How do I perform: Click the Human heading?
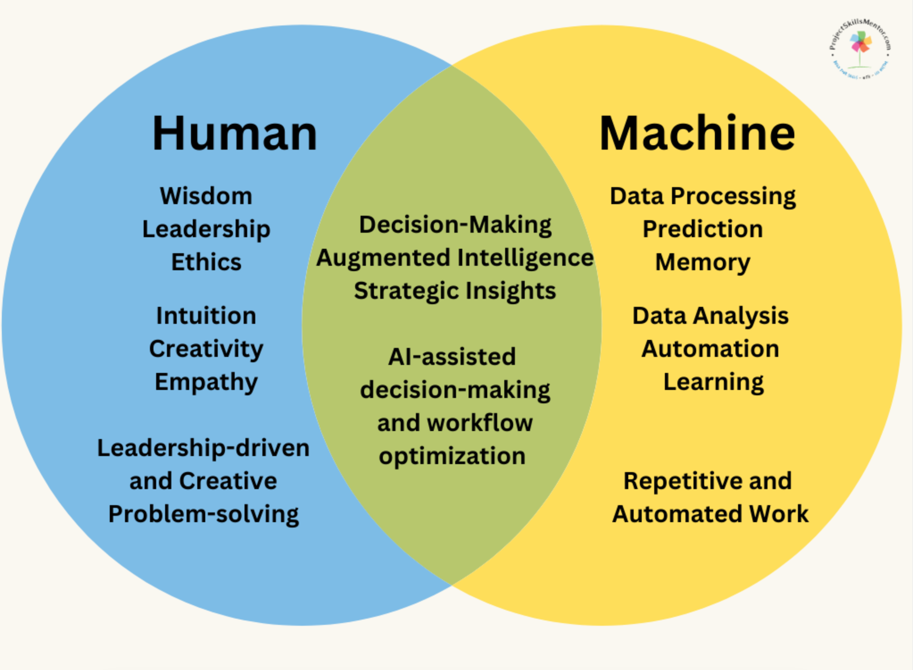(x=234, y=134)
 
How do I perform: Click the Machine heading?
(x=697, y=134)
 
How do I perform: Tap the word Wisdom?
(x=206, y=196)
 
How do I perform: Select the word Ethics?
(x=206, y=262)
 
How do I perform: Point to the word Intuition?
(x=206, y=316)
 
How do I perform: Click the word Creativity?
(x=206, y=349)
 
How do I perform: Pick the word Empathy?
(x=206, y=382)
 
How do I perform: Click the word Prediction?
(x=702, y=229)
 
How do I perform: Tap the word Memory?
(x=702, y=262)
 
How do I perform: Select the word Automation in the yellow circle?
(x=710, y=349)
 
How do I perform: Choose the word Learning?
(x=713, y=382)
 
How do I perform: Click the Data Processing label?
(x=702, y=197)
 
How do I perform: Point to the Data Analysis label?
(x=710, y=316)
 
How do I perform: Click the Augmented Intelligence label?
(x=455, y=258)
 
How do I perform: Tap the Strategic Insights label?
(x=455, y=291)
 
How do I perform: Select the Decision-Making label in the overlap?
(x=455, y=225)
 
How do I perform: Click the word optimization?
(x=452, y=456)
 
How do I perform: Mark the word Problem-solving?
(x=203, y=514)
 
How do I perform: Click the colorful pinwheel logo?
(x=860, y=45)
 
